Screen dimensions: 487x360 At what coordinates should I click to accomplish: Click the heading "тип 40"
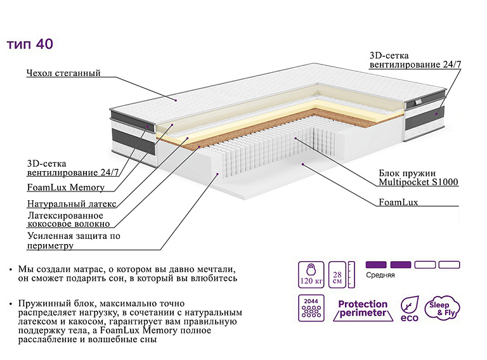pyautogui.click(x=30, y=44)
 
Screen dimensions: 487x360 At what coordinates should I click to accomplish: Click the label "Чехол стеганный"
pyautogui.click(x=63, y=73)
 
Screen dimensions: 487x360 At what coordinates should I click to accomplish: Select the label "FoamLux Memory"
pyautogui.click(x=66, y=187)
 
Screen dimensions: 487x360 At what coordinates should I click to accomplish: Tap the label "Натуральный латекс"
pyautogui.click(x=72, y=203)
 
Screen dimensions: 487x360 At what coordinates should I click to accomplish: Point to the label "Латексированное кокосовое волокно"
pyautogui.click(x=68, y=219)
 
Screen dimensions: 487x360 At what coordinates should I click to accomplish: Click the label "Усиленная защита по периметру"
pyautogui.click(x=74, y=240)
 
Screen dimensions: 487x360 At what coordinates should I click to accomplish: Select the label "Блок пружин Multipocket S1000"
pyautogui.click(x=419, y=177)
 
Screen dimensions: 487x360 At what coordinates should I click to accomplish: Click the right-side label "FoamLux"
pyautogui.click(x=398, y=202)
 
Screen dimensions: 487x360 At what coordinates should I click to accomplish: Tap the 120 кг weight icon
pyautogui.click(x=311, y=274)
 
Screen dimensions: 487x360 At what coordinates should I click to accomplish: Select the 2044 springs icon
pyautogui.click(x=311, y=308)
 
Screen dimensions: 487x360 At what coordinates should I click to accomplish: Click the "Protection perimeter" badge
pyautogui.click(x=363, y=309)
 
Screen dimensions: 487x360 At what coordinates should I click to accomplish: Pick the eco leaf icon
pyautogui.click(x=410, y=309)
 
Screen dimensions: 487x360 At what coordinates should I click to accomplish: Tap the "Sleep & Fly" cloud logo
pyautogui.click(x=442, y=308)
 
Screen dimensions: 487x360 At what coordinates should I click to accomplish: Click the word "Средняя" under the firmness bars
pyautogui.click(x=380, y=275)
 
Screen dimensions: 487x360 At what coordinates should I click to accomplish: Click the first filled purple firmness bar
pyautogui.click(x=376, y=265)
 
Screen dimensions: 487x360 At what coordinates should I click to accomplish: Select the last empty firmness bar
pyautogui.click(x=449, y=265)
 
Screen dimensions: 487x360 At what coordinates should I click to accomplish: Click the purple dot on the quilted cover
pyautogui.click(x=176, y=100)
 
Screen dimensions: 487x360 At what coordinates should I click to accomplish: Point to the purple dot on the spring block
pyautogui.click(x=295, y=138)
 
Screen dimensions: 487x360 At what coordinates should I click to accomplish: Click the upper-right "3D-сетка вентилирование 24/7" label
pyautogui.click(x=415, y=60)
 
